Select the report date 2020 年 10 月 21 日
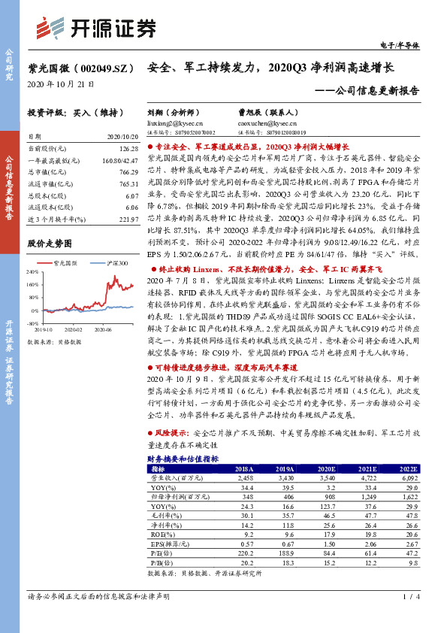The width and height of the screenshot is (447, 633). point(56,83)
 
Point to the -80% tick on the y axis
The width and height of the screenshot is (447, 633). point(33,325)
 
